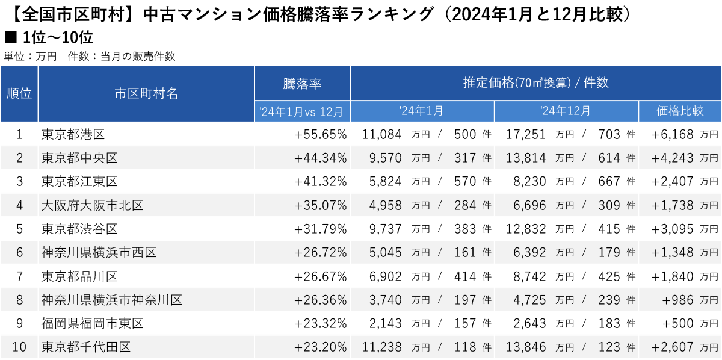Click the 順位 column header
pos(19,93)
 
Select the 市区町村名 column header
pos(146,93)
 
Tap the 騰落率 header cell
pos(302,83)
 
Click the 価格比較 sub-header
pos(680,111)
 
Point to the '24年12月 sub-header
pos(566,111)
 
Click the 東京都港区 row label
pos(73,134)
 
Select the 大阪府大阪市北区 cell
pos(92,205)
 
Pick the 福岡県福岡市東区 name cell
pos(92,323)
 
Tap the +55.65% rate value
pos(321,134)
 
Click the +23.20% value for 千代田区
pos(321,347)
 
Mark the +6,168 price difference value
pos(673,134)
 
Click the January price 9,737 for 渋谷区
pos(382,229)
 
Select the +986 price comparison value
pos(679,300)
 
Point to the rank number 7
pos(19,276)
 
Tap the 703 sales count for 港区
pos(609,134)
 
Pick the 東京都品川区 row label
pos(79,276)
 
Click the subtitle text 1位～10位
pos(57,38)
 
